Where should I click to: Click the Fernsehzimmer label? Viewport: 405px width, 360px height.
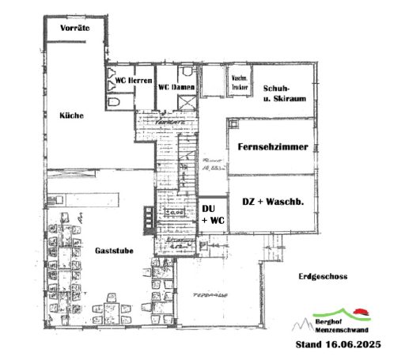click(273, 146)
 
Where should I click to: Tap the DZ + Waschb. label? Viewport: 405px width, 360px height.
click(273, 203)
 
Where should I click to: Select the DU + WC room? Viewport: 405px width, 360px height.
click(211, 214)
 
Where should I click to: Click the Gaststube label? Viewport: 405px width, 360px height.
click(114, 250)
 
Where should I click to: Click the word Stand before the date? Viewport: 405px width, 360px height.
click(309, 346)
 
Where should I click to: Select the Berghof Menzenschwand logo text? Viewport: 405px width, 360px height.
click(339, 325)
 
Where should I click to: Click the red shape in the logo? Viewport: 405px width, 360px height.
click(361, 311)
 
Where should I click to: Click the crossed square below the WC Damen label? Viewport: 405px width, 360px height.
click(186, 102)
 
